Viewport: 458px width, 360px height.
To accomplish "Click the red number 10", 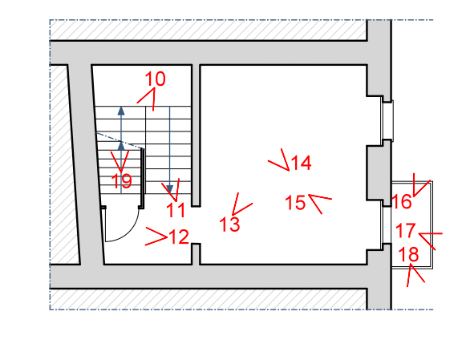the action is [x=155, y=79].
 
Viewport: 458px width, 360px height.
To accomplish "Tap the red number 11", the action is [x=176, y=210].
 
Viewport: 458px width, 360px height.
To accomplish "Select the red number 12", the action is [x=179, y=237].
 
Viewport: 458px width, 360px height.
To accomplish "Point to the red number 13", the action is [x=229, y=224].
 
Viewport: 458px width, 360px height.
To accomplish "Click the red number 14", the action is [x=301, y=163].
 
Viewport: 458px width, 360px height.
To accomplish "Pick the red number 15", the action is [x=295, y=202].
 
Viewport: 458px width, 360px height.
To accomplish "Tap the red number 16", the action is [x=401, y=201].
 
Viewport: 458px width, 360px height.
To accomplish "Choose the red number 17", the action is [x=406, y=230].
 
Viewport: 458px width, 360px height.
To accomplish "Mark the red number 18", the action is [x=408, y=253].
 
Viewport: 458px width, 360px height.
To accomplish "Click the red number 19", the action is [x=121, y=181].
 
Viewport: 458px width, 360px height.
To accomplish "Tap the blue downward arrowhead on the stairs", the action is [x=170, y=189].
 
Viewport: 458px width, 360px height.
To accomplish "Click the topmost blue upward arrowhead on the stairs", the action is [x=121, y=111].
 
